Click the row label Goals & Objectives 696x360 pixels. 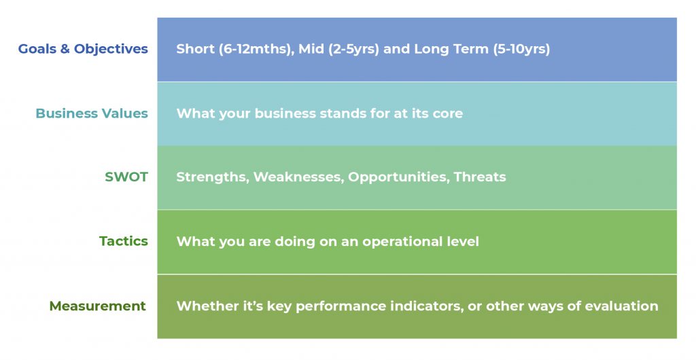point(83,49)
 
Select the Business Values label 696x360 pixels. point(92,113)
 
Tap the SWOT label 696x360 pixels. point(126,177)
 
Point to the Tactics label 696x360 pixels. point(124,241)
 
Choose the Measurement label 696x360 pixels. point(98,306)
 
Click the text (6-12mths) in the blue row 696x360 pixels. point(256,49)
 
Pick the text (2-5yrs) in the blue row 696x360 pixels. point(353,49)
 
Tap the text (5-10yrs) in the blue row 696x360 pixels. point(521,49)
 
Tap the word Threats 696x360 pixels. point(480,177)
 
